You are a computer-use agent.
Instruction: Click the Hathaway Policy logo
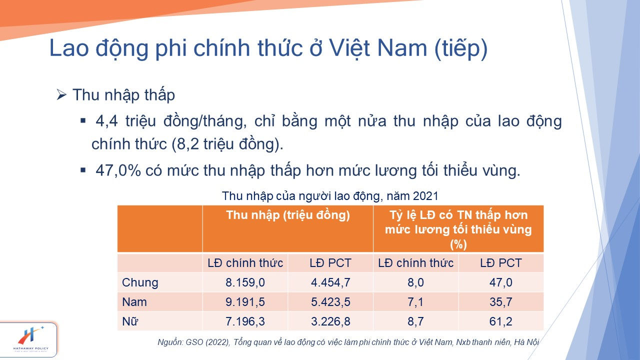click(x=31, y=340)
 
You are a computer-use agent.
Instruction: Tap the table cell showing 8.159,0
click(x=245, y=282)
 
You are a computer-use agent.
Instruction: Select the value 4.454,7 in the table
click(x=330, y=282)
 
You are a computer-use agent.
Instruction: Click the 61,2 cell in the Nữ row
click(x=501, y=321)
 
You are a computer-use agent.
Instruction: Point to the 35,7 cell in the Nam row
click(x=501, y=302)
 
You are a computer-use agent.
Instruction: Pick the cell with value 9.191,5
click(x=245, y=302)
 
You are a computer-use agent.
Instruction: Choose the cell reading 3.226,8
click(x=330, y=321)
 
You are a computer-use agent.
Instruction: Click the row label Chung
click(x=140, y=282)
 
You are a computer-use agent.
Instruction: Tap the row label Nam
click(x=134, y=302)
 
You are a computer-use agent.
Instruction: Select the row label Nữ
click(x=130, y=321)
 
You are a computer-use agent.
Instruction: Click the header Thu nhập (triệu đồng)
click(x=288, y=215)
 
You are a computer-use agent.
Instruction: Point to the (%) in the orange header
click(x=458, y=244)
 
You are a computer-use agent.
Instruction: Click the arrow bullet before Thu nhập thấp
click(x=61, y=94)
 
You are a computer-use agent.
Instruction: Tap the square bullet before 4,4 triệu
click(x=83, y=121)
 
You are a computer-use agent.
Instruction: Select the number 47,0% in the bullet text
click(x=118, y=170)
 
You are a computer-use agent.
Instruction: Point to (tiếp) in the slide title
click(x=461, y=48)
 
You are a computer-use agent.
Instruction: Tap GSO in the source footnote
click(x=194, y=342)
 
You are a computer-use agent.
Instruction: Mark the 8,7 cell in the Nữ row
click(x=415, y=321)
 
